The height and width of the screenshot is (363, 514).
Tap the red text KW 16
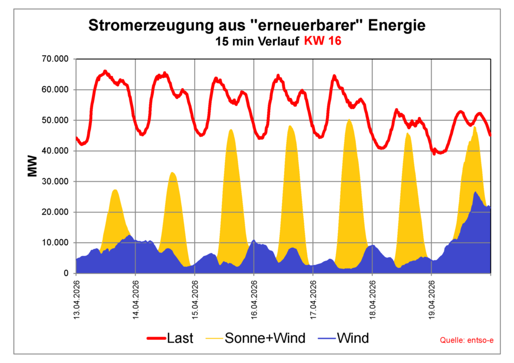coord(322,42)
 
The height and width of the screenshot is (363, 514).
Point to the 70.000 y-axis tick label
coord(55,59)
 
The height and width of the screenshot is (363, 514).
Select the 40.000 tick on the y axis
coord(55,151)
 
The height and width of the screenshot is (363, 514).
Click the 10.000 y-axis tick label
coord(55,243)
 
